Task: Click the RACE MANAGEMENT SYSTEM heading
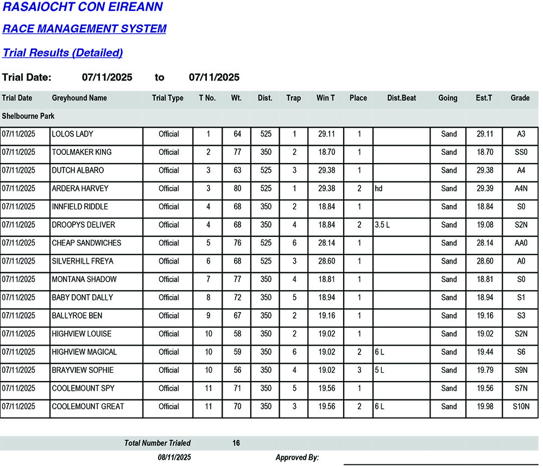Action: coord(84,29)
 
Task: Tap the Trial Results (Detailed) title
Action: coord(62,53)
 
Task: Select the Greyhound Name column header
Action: coord(79,98)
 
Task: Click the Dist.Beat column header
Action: coord(401,98)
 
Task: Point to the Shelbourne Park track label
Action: coord(28,116)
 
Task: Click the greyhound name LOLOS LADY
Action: coord(73,134)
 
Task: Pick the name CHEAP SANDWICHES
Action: coord(86,243)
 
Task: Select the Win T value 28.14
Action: coord(326,243)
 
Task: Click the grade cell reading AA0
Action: coord(521,243)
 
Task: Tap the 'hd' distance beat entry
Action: coord(378,189)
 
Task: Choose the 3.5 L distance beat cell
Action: coord(382,225)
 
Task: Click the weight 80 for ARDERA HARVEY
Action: coord(237,189)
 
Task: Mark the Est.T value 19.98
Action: coord(484,407)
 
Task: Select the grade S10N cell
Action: coord(521,407)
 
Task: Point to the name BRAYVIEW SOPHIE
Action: coord(83,370)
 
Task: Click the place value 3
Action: coord(359,370)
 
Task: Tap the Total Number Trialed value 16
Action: coord(236,444)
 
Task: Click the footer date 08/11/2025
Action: coord(174,458)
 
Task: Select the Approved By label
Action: coord(297,458)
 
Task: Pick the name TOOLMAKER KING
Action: coord(81,152)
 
